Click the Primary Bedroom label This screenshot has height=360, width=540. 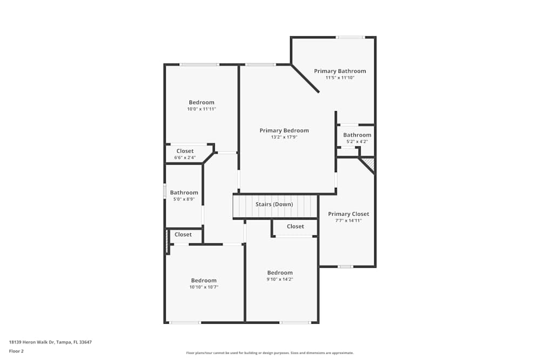pos(284,131)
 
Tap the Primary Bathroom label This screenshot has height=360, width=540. pos(340,71)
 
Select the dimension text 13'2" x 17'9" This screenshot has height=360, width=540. pos(284,137)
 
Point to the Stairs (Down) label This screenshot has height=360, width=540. pos(274,205)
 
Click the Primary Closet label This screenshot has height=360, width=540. pos(348,214)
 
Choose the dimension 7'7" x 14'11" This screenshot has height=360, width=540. pos(348,220)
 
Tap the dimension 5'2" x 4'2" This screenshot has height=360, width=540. pos(357,141)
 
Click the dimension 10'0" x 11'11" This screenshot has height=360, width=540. pos(201,109)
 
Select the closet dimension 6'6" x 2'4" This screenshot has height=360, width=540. pos(185,158)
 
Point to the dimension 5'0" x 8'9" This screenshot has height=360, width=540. pos(184,199)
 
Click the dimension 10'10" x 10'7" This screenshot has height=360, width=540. pos(204,287)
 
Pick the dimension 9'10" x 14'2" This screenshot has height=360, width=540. pos(280,279)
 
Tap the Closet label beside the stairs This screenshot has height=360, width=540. pos(295,227)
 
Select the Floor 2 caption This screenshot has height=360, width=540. pos(16,351)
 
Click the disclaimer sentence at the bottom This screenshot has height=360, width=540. pos(270,353)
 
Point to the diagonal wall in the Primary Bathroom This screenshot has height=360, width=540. pos(305,79)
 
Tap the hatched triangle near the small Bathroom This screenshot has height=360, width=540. pos(369,162)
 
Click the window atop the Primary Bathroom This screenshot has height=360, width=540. pos(350,37)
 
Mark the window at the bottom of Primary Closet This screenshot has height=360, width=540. pos(346,266)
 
